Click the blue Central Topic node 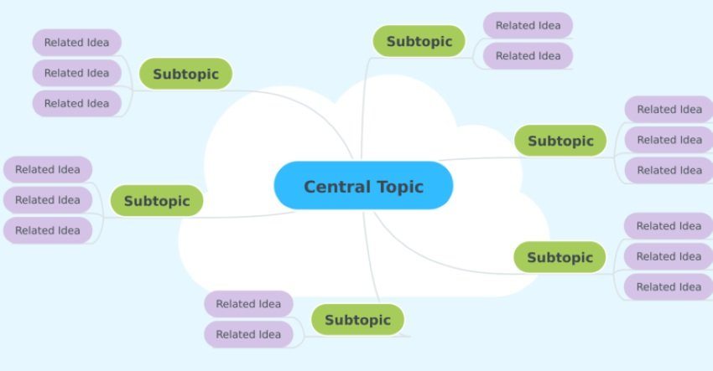[363, 185]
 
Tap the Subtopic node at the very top [419, 41]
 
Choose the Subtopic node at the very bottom [357, 320]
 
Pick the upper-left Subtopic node [185, 74]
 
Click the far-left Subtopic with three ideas [157, 200]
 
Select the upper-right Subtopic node [560, 141]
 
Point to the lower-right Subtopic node [559, 257]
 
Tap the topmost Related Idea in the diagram [528, 25]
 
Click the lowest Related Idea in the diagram [248, 334]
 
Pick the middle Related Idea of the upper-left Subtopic [77, 73]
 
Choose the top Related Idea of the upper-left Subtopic [77, 42]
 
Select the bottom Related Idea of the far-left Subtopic [48, 230]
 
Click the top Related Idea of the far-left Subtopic [48, 169]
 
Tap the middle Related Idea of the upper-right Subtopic [669, 140]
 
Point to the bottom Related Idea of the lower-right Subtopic [669, 287]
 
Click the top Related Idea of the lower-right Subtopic [669, 225]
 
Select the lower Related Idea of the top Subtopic [528, 56]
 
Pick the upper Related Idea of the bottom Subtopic [248, 304]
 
